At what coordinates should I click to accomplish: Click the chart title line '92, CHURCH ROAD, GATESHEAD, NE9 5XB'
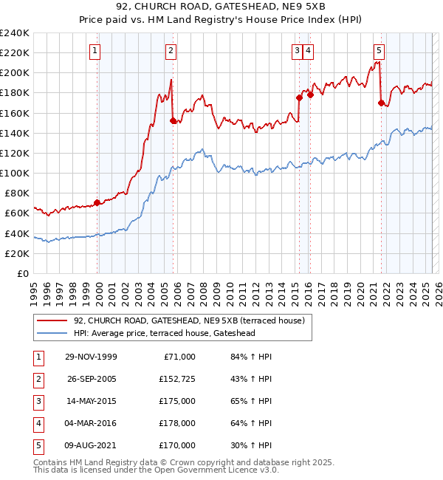tap(221, 7)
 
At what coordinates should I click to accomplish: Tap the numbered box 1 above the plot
tap(97, 51)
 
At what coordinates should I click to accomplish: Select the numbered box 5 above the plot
tap(379, 51)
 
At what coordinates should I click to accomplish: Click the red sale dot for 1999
tap(97, 202)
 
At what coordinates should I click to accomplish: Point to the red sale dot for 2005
tap(173, 120)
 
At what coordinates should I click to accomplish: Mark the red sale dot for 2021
tap(381, 103)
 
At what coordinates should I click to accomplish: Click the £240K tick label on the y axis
tap(15, 33)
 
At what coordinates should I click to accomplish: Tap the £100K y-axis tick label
tap(15, 173)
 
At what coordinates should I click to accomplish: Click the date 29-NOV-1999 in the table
tap(92, 357)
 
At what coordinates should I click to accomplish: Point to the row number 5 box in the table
tap(38, 445)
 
